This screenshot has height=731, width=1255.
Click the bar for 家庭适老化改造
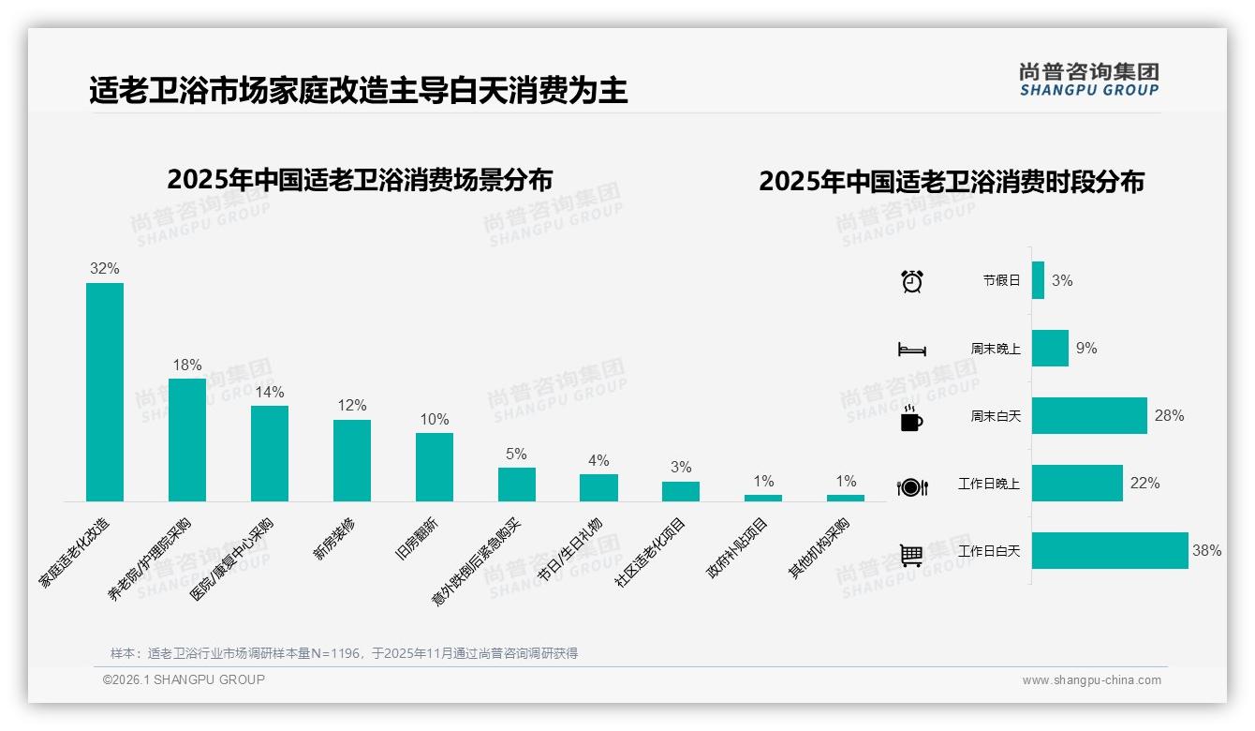point(105,392)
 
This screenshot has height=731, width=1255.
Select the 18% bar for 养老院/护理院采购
point(187,440)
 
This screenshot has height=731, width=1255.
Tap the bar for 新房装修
point(352,460)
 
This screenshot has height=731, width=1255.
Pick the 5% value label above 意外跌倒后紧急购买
point(516,454)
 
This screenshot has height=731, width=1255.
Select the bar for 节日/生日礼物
point(598,487)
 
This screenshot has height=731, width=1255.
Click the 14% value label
point(270,392)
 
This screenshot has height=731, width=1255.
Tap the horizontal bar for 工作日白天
point(1110,551)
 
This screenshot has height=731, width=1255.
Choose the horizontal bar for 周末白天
point(1089,415)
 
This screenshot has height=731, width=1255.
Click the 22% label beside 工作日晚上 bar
point(1144,484)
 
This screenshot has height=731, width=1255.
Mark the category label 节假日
point(1001,280)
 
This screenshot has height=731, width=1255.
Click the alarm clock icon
point(911,280)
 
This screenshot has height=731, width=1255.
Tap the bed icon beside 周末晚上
point(911,350)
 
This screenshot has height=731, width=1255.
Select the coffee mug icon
point(911,418)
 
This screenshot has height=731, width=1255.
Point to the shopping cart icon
point(911,555)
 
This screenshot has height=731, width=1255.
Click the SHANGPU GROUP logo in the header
point(1088,80)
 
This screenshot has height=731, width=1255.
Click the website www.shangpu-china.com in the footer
point(1091,680)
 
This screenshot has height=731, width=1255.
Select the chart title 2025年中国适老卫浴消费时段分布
point(952,182)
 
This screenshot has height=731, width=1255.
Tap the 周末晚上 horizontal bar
point(1050,348)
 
